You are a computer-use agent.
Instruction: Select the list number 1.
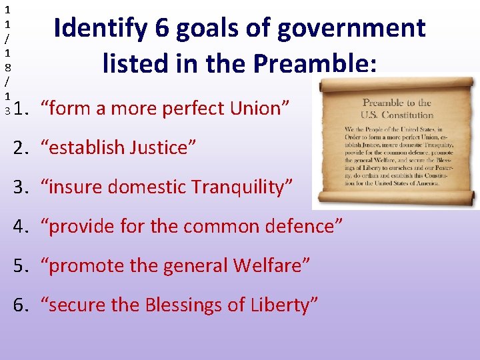pos(21,108)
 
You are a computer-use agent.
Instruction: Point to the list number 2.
pos(21,147)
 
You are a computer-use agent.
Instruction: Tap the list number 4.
pos(21,226)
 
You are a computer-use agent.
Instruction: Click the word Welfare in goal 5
pos(270,265)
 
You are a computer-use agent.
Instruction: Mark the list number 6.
pos(21,305)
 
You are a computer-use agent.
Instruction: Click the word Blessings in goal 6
pos(190,305)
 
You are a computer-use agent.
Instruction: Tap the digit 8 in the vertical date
pos(7,67)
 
